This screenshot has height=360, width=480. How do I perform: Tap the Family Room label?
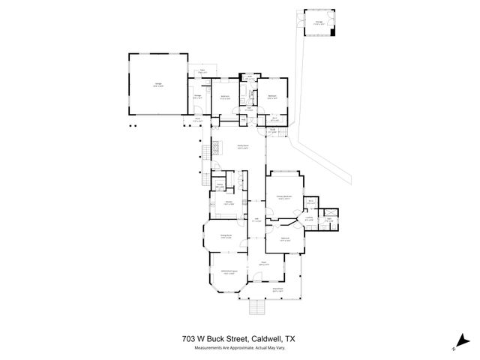click(x=243, y=146)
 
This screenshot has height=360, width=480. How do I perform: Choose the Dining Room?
click(x=225, y=237)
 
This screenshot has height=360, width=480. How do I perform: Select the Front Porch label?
click(x=277, y=288)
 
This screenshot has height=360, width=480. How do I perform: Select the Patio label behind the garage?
click(x=202, y=72)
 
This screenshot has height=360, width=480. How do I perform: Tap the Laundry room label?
click(x=307, y=219)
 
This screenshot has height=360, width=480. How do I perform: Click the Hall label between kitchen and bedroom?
click(x=256, y=219)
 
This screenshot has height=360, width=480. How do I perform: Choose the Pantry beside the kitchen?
click(x=220, y=186)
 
